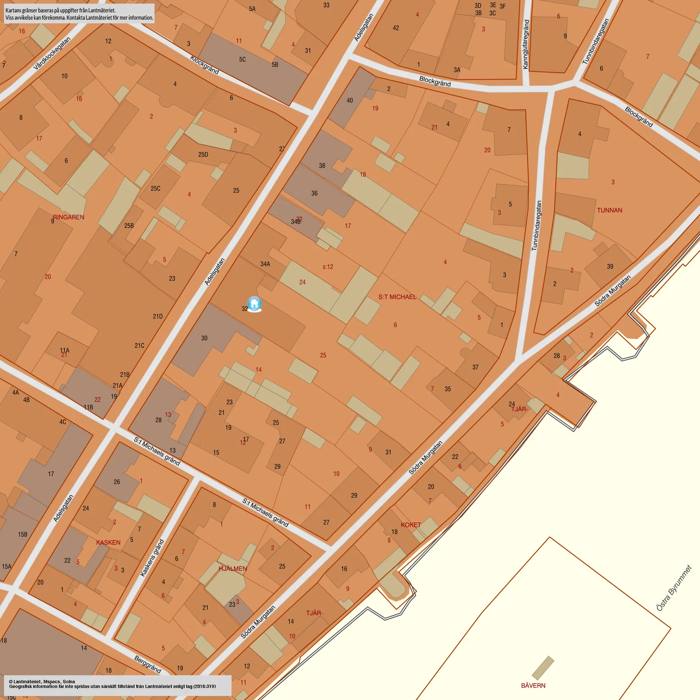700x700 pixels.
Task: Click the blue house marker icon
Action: click(254, 304)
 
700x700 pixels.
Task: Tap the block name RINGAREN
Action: click(69, 217)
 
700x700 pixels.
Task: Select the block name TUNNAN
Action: click(609, 210)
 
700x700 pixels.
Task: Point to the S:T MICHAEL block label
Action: click(397, 297)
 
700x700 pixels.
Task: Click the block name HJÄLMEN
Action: click(232, 568)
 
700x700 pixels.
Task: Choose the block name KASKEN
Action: click(108, 543)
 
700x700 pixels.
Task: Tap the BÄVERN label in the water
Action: click(533, 686)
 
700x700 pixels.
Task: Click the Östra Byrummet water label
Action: click(674, 588)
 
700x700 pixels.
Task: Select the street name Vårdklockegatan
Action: click(52, 53)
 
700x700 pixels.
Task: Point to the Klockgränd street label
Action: click(204, 65)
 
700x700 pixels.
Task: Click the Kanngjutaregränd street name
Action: click(526, 44)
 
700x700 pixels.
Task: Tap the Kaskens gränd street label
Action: click(152, 558)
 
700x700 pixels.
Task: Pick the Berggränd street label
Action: click(148, 664)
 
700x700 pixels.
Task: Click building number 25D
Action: click(203, 154)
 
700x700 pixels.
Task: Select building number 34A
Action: click(265, 264)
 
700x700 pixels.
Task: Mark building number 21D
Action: click(158, 316)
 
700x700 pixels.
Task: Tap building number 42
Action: click(396, 28)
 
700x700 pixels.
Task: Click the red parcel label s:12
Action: click(328, 267)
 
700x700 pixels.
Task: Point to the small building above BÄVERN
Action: click(543, 668)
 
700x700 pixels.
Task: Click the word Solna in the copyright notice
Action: click(69, 682)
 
